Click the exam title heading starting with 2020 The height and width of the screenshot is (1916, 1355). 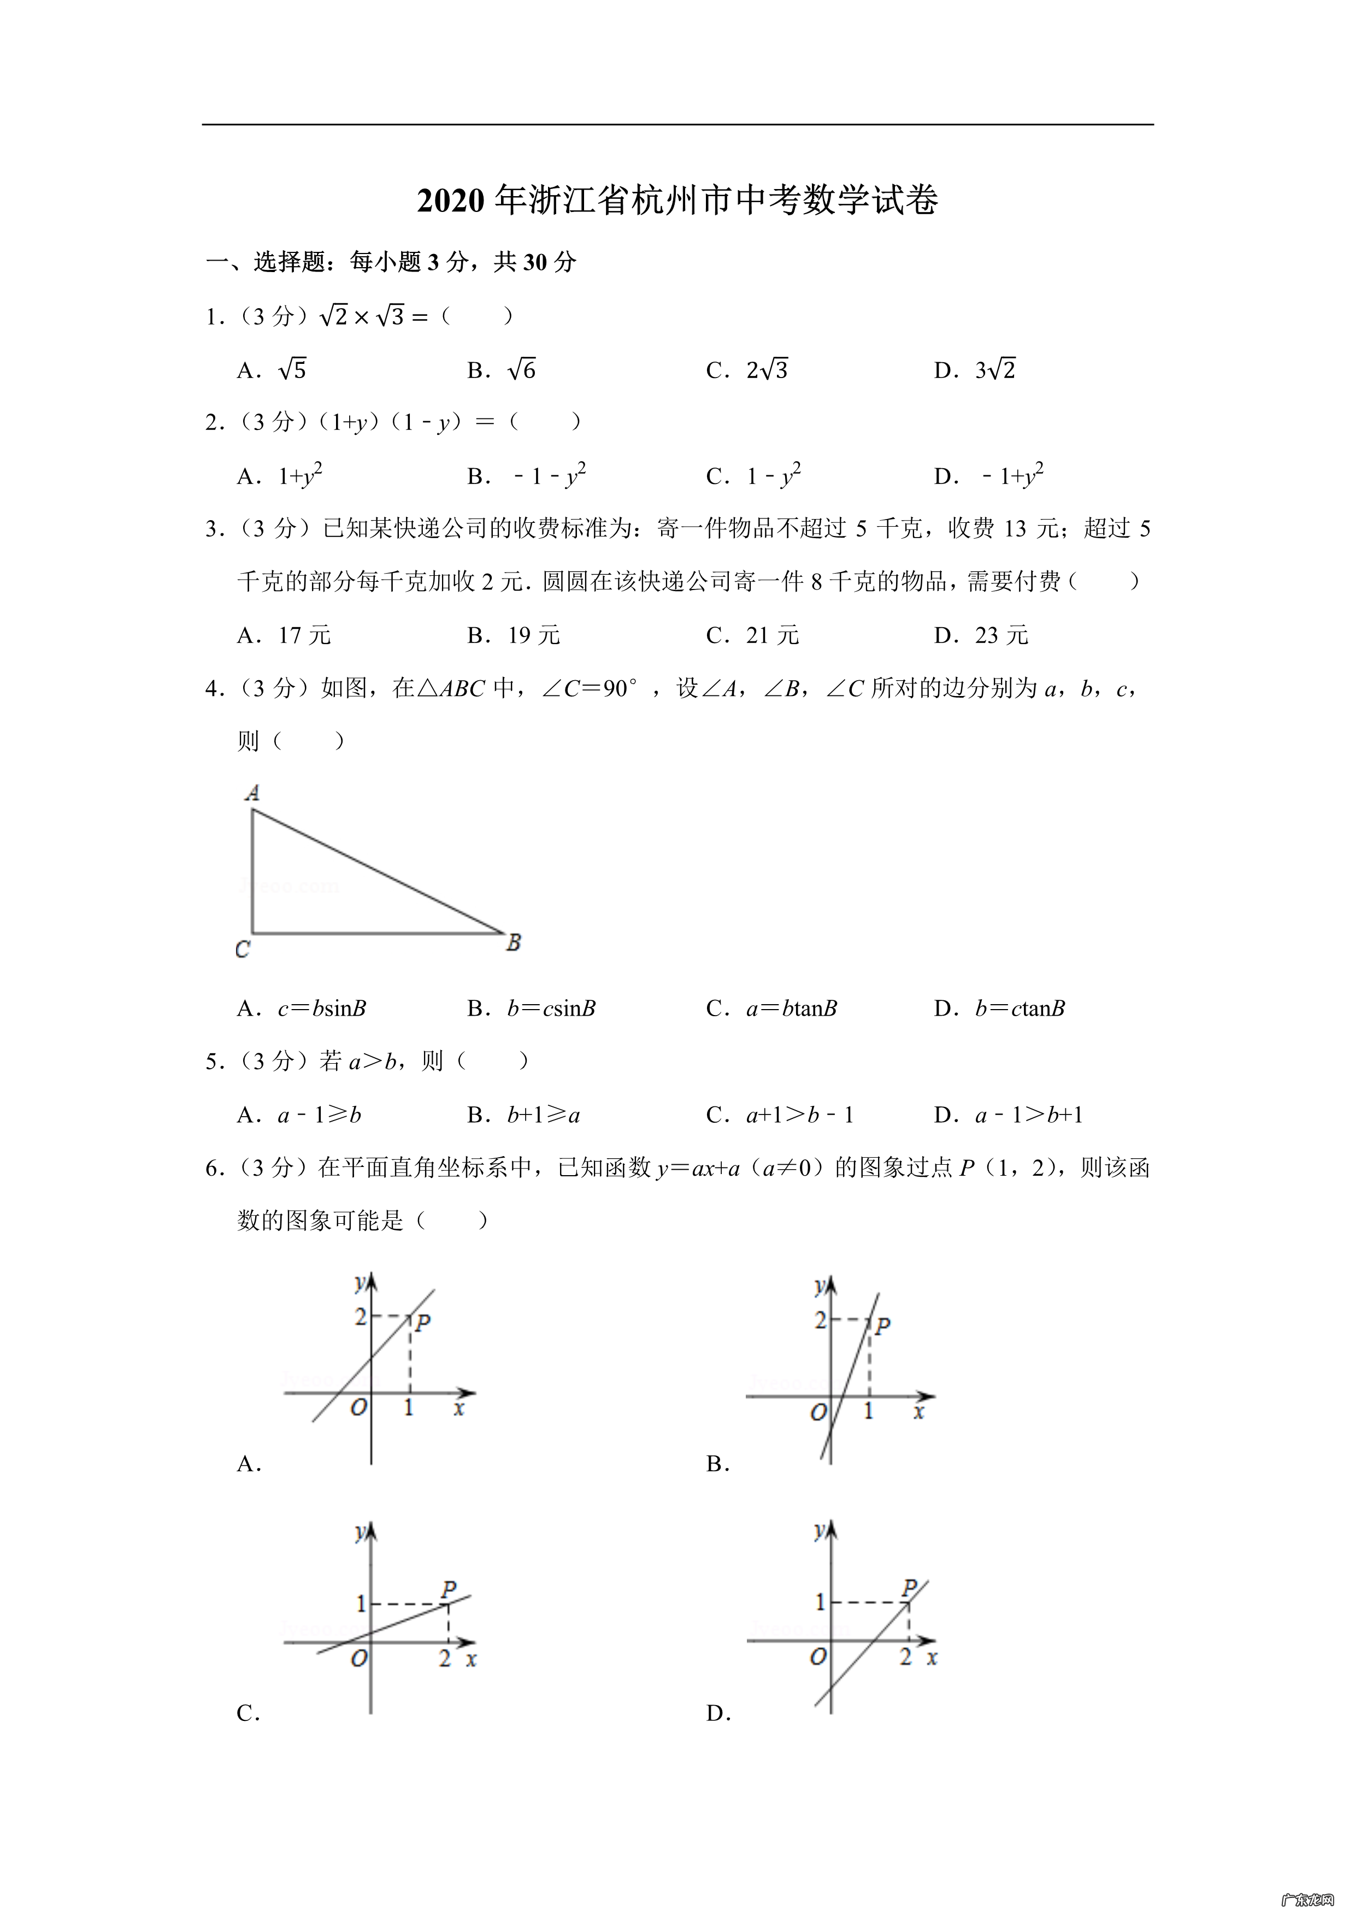coord(677,201)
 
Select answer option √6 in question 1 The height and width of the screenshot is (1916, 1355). coord(521,370)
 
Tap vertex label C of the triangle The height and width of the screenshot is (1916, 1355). coord(242,950)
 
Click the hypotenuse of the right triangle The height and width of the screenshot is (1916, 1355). coord(377,871)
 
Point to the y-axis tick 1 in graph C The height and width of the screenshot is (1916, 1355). coord(361,1603)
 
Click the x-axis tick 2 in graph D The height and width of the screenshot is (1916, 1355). coord(906,1657)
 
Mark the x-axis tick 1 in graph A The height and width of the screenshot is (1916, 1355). coord(409,1408)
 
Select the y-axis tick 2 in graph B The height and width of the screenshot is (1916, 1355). coord(820,1320)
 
